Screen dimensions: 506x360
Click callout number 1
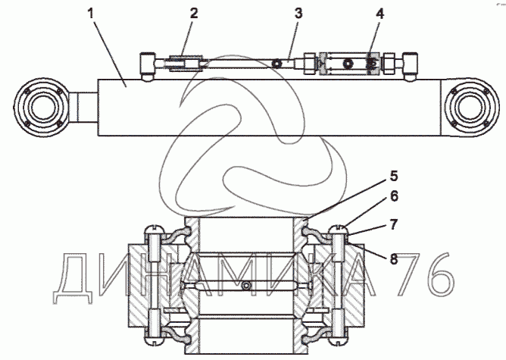point(91,14)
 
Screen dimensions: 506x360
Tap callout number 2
point(194,14)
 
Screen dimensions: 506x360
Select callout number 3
point(298,14)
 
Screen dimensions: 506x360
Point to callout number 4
point(380,14)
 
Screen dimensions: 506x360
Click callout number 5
point(394,177)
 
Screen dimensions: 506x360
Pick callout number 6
point(394,196)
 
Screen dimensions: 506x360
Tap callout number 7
point(393,224)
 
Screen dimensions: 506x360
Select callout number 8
point(394,259)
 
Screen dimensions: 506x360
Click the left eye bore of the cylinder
point(42,107)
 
